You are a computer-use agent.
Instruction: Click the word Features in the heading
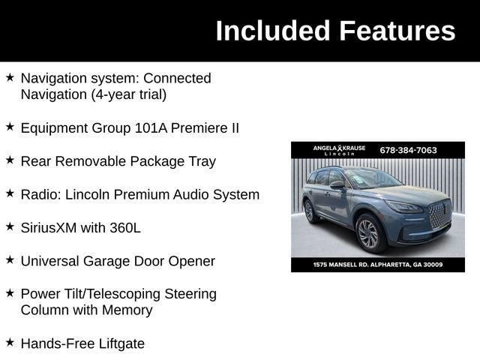tap(397, 31)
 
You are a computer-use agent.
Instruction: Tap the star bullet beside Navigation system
tap(10, 78)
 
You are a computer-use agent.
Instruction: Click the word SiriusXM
tap(52, 228)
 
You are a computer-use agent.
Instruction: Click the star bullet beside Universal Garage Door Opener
tap(10, 260)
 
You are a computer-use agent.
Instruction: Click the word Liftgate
tap(115, 343)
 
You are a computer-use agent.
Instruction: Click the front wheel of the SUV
tap(368, 232)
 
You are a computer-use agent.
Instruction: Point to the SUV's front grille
tap(439, 216)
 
